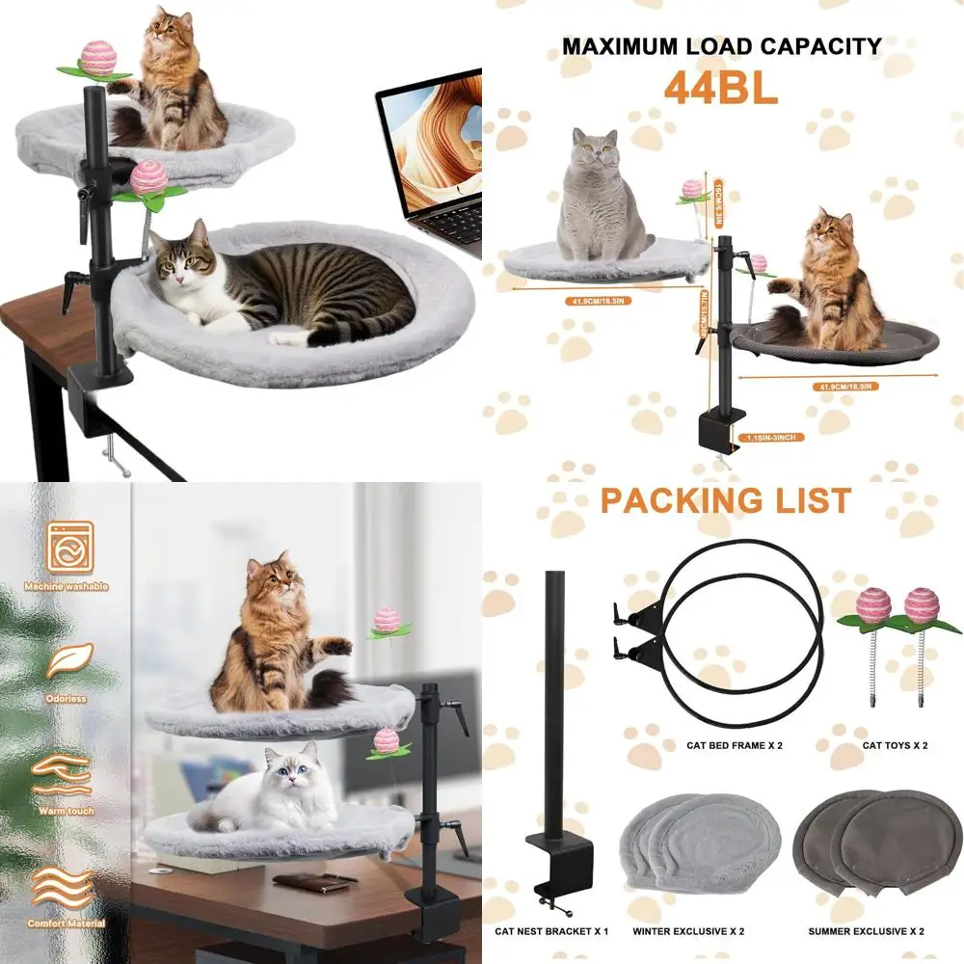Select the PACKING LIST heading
[x=725, y=501]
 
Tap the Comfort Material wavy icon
[x=63, y=888]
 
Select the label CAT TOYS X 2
[x=895, y=745]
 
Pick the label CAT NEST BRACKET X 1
[x=552, y=931]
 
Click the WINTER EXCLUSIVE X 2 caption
[x=688, y=931]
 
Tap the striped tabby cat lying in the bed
[x=280, y=284]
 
